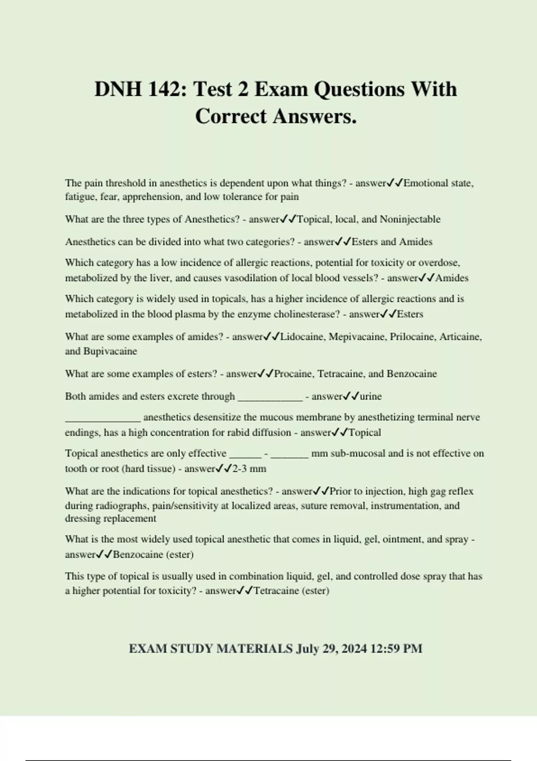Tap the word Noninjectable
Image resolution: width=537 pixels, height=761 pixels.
410,219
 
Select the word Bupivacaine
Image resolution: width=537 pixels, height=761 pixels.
110,351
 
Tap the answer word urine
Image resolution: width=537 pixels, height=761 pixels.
371,397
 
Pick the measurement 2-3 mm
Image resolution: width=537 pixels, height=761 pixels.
249,469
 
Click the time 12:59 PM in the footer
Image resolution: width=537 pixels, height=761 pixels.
396,649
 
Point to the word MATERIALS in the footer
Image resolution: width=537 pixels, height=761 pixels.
254,649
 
